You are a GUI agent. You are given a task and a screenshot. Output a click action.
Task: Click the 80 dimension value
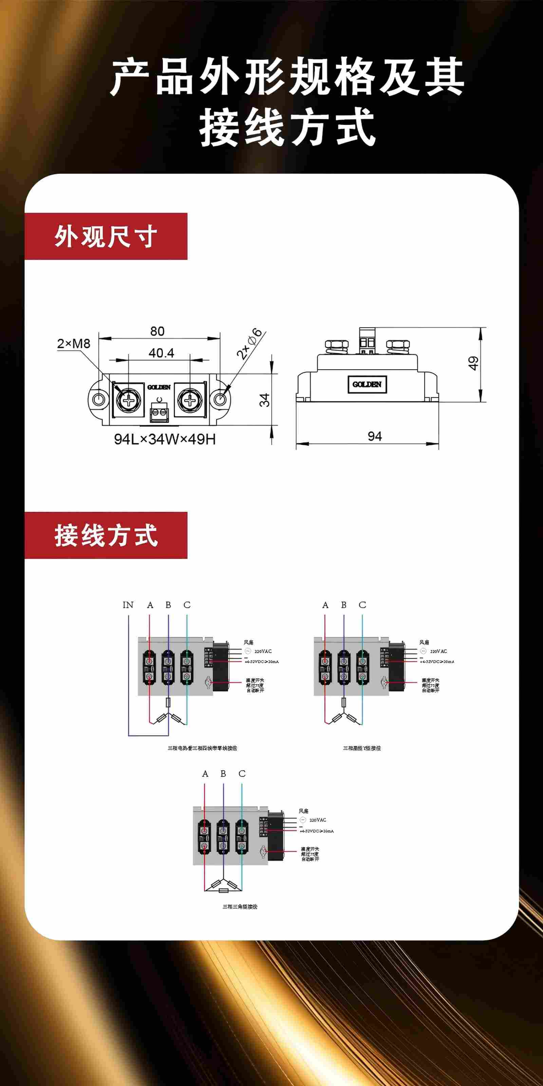pyautogui.click(x=157, y=331)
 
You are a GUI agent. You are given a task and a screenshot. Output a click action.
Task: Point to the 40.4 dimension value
pyautogui.click(x=161, y=353)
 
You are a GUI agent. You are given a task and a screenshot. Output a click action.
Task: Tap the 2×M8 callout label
pyautogui.click(x=74, y=343)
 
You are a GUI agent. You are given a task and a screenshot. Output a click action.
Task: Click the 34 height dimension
pyautogui.click(x=264, y=400)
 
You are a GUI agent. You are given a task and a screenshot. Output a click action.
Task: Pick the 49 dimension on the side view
pyautogui.click(x=473, y=363)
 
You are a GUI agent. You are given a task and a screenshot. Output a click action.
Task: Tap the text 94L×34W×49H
pyautogui.click(x=164, y=439)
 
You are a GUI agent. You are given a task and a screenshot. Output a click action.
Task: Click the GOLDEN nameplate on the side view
pyautogui.click(x=367, y=384)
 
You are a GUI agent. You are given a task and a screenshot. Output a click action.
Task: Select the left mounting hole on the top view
pyautogui.click(x=98, y=399)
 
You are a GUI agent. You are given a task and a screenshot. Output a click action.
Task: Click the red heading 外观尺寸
pyautogui.click(x=106, y=237)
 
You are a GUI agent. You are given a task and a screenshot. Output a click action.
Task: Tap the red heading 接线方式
pyautogui.click(x=106, y=536)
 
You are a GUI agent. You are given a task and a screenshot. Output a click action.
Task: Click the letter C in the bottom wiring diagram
pyautogui.click(x=242, y=774)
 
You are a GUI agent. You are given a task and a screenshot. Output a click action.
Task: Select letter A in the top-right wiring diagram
pyautogui.click(x=325, y=605)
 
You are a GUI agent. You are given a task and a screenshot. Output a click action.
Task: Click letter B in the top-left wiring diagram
pyautogui.click(x=168, y=605)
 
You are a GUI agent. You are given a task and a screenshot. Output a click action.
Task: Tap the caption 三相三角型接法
pyautogui.click(x=240, y=907)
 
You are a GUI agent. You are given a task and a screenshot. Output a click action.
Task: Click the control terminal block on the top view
pyautogui.click(x=159, y=412)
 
